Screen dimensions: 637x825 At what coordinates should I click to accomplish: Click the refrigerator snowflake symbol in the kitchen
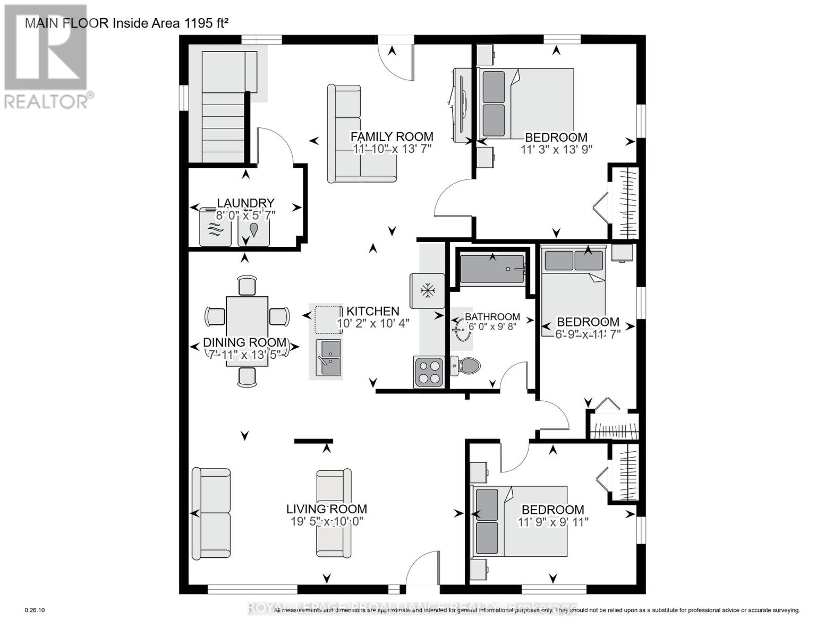pos(427,291)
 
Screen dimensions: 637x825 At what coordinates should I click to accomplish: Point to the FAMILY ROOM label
pos(392,137)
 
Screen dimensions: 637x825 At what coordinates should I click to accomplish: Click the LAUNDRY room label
pos(245,203)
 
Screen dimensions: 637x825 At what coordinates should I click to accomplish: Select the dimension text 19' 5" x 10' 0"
pos(327,522)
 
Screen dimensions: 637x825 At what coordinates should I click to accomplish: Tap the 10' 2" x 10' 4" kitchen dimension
pos(373,323)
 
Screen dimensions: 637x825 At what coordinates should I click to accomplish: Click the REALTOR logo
pos(47,56)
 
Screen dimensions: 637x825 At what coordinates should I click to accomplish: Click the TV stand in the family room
pos(460,106)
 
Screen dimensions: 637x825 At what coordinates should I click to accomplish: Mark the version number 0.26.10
pos(35,610)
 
